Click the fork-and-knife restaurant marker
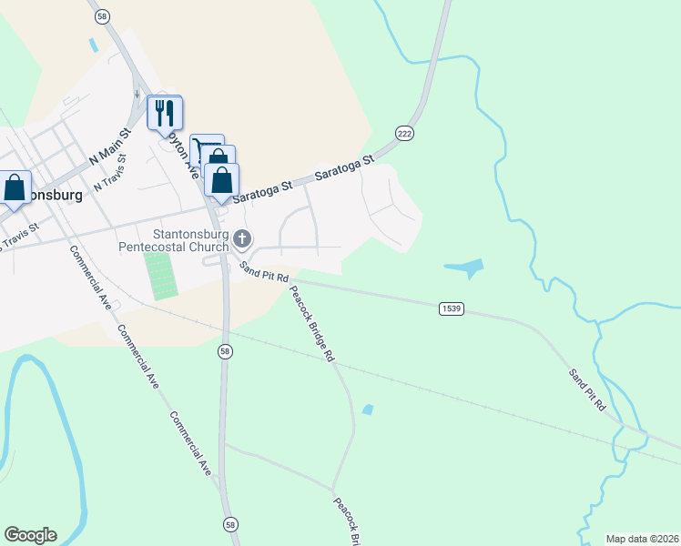click(x=165, y=113)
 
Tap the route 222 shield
click(x=405, y=134)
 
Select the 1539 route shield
click(x=451, y=308)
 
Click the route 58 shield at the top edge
click(x=101, y=16)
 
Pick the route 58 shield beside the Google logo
click(x=229, y=524)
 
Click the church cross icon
click(x=241, y=239)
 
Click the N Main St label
click(x=111, y=147)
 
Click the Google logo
click(x=30, y=534)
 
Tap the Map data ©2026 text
click(x=641, y=538)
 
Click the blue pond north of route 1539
click(x=464, y=268)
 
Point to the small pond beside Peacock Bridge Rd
click(x=367, y=409)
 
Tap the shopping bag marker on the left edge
click(x=15, y=188)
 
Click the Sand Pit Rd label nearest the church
click(x=264, y=271)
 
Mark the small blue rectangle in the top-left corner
click(x=92, y=43)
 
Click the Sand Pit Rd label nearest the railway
click(x=587, y=389)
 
